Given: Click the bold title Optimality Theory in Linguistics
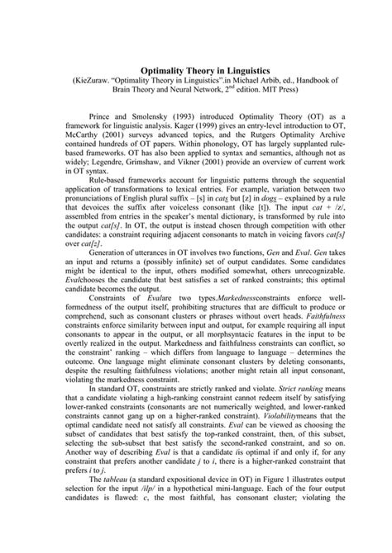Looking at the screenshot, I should pyautogui.click(x=195, y=72).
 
